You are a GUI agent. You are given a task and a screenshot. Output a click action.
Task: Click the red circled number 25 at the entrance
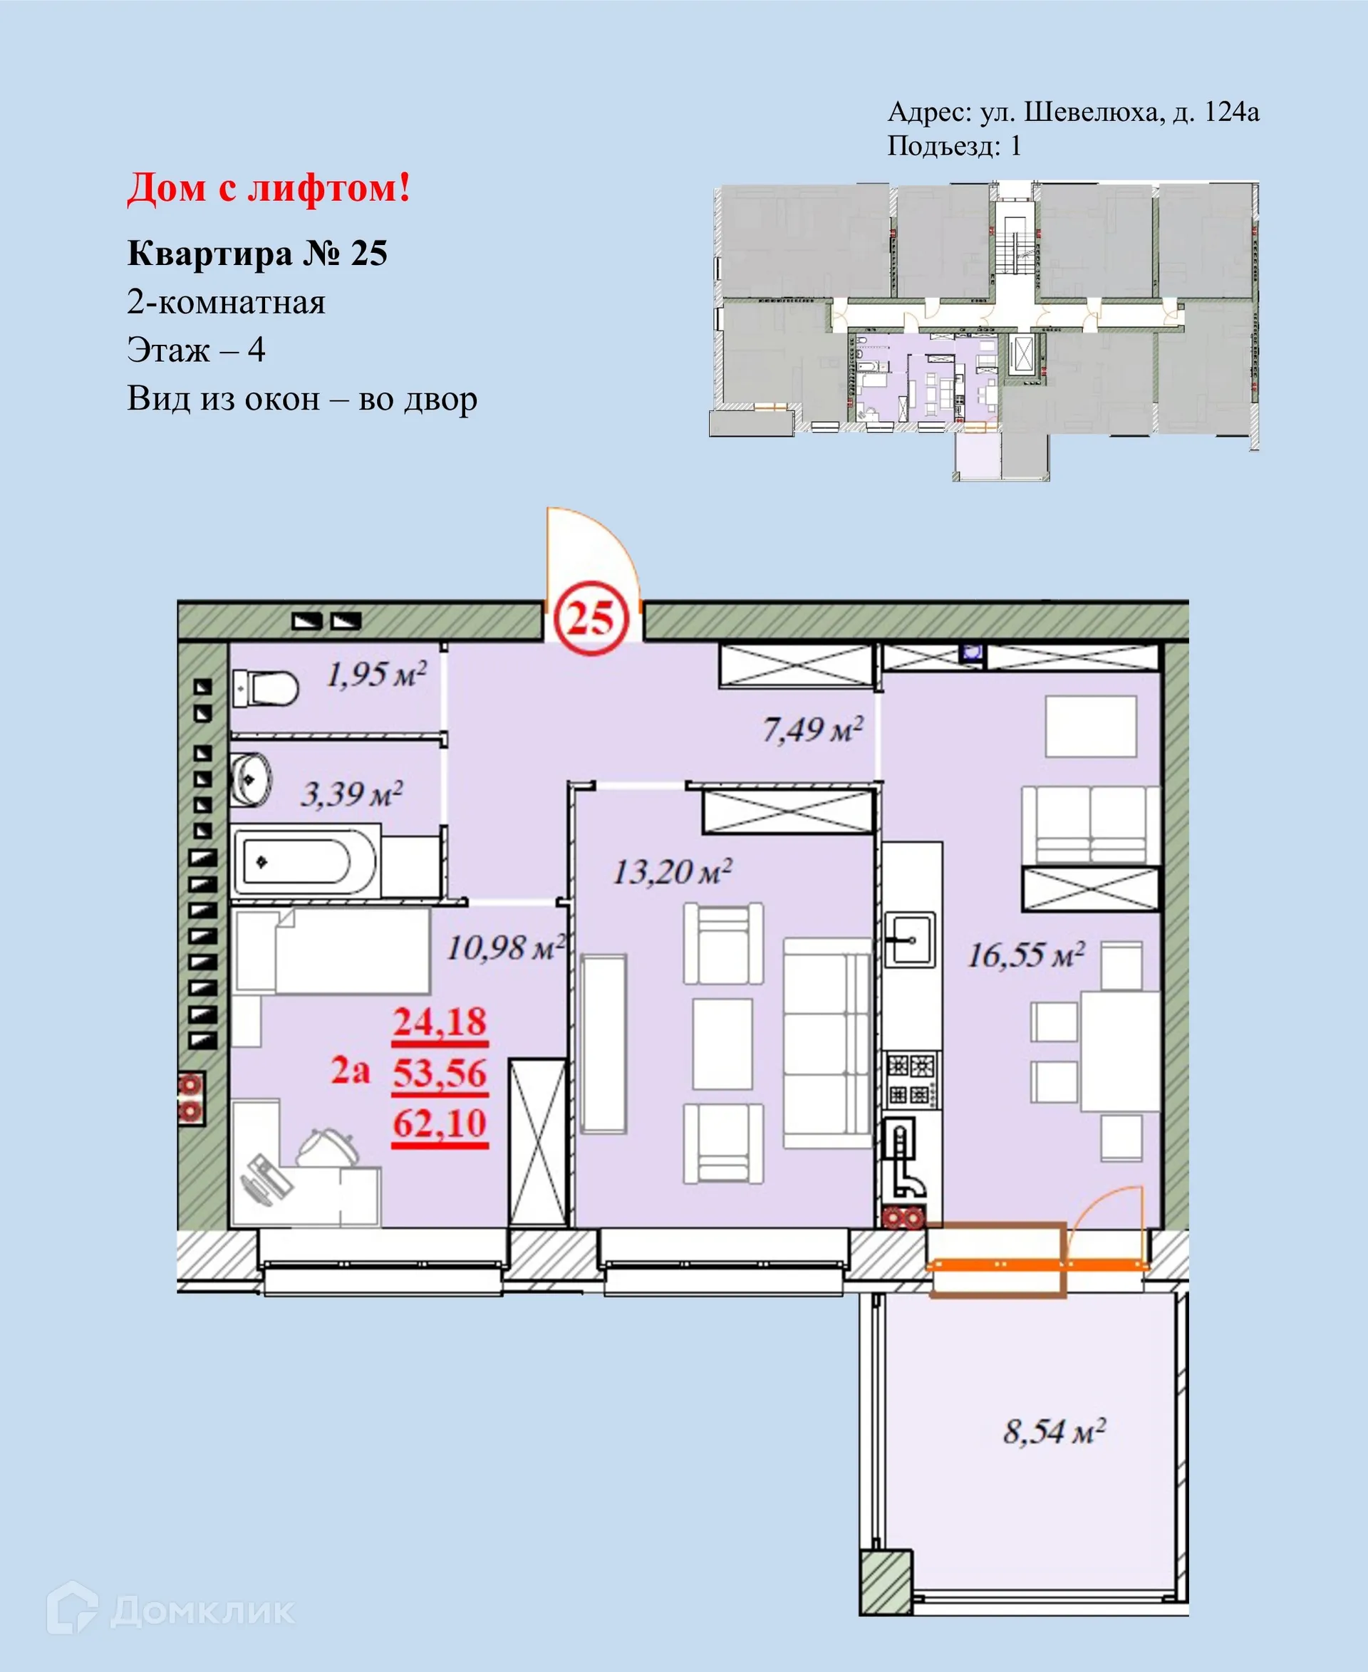pyautogui.click(x=590, y=617)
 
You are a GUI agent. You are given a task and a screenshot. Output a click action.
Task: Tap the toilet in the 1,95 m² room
pyautogui.click(x=266, y=688)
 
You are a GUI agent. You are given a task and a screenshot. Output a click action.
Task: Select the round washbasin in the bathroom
pyautogui.click(x=250, y=779)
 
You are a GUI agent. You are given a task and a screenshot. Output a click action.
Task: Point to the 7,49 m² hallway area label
pyautogui.click(x=812, y=729)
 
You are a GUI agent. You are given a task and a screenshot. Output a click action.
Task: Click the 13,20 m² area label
pyautogui.click(x=672, y=871)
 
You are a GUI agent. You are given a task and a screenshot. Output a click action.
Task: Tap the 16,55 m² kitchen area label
pyautogui.click(x=1025, y=955)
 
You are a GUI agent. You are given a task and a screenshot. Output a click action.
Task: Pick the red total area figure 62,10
pyautogui.click(x=440, y=1123)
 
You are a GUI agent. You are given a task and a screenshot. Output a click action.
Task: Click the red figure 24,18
pyautogui.click(x=440, y=1022)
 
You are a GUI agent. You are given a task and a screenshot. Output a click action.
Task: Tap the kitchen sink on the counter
pyautogui.click(x=910, y=939)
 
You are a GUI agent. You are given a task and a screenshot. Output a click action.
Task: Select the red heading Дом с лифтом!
pyautogui.click(x=269, y=188)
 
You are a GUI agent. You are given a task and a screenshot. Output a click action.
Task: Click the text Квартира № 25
pyautogui.click(x=257, y=254)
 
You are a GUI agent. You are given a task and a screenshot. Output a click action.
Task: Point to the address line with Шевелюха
pyautogui.click(x=1073, y=112)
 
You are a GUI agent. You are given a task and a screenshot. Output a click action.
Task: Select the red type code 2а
pyautogui.click(x=350, y=1070)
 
